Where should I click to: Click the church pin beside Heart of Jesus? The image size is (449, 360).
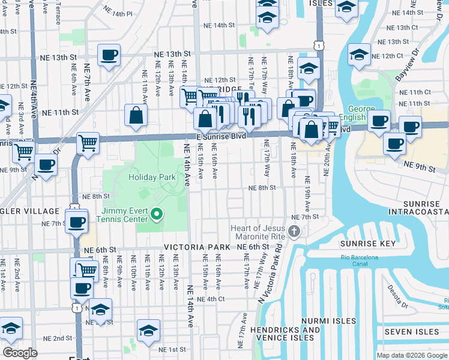(x=294, y=231)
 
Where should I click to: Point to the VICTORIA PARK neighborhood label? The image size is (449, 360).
(x=197, y=247)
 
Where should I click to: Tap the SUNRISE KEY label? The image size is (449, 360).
(x=368, y=244)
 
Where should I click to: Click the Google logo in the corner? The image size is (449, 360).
(x=20, y=353)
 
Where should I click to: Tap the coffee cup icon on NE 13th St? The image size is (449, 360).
(x=109, y=56)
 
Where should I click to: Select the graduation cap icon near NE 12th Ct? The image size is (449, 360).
(x=359, y=55)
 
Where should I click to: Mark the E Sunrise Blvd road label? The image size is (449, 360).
(x=221, y=137)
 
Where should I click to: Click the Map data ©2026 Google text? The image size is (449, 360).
(x=412, y=355)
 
